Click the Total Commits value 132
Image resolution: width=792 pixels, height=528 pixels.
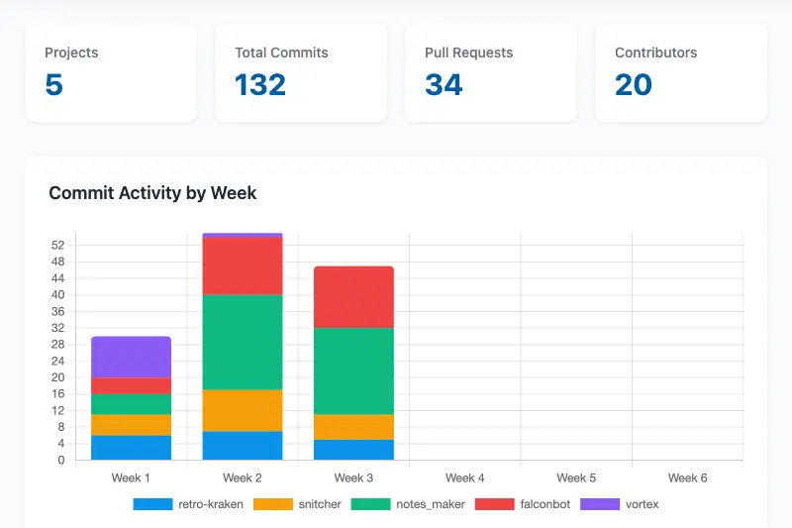pos(260,85)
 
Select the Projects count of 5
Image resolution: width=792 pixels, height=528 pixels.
pos(54,85)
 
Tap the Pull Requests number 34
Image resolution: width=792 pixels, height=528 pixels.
pos(444,85)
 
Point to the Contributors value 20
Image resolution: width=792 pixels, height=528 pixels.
pos(634,85)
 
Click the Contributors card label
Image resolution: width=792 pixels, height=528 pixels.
pos(655,53)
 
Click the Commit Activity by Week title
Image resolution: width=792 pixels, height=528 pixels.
pos(152,193)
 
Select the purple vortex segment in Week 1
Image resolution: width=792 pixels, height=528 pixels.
pos(131,357)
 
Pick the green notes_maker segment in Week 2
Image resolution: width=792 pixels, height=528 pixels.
pos(243,342)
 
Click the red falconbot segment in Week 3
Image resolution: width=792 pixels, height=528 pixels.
pos(353,296)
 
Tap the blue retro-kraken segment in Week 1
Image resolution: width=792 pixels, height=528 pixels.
pos(131,448)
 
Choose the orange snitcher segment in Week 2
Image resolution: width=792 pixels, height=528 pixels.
pos(243,410)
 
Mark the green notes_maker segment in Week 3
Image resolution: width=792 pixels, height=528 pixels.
pos(353,370)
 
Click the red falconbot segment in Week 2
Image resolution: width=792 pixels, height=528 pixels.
pos(243,266)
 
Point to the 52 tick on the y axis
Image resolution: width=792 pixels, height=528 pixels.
pos(57,245)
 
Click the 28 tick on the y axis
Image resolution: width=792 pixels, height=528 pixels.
pos(57,345)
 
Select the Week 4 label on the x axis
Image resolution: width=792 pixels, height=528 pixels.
pos(465,477)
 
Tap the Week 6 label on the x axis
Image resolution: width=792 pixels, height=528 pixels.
pos(687,477)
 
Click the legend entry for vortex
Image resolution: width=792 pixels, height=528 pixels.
pos(619,504)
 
